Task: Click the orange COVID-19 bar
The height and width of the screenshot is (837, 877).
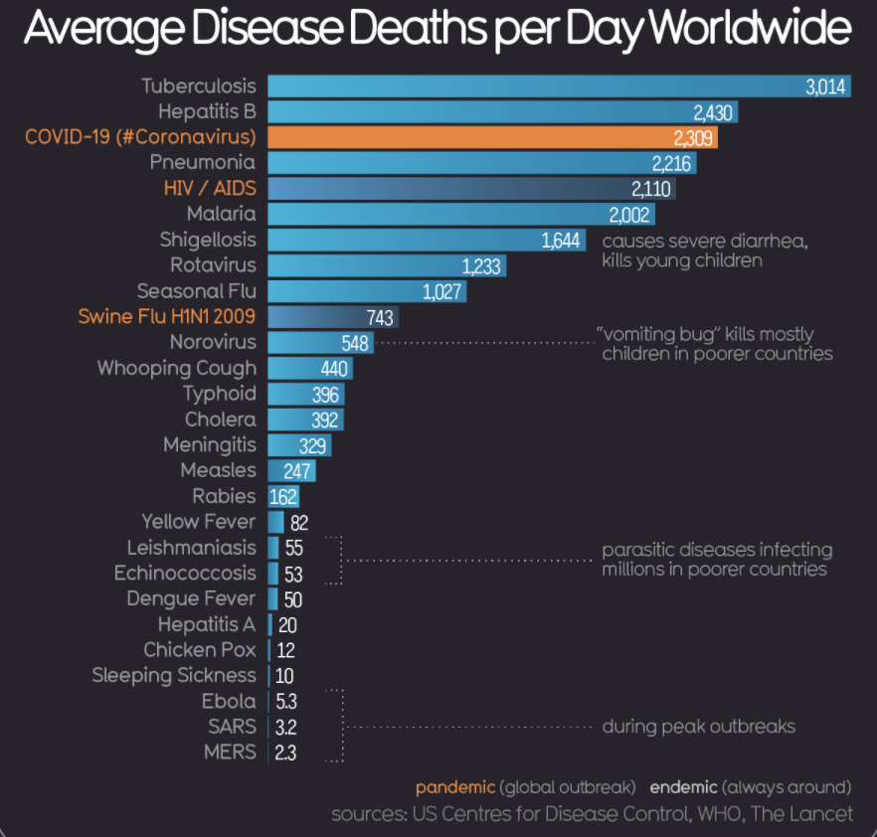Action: [x=492, y=136]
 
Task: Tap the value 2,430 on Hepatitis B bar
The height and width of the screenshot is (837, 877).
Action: [x=713, y=112]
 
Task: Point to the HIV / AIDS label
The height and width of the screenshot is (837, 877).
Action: [x=210, y=188]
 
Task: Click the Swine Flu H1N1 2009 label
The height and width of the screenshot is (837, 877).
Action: [x=167, y=316]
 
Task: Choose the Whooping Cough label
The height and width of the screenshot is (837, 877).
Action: [x=176, y=368]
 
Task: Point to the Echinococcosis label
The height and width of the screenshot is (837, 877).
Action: [x=184, y=574]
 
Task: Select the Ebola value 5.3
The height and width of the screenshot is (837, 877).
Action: [x=286, y=702]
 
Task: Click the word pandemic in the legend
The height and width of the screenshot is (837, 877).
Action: [x=455, y=787]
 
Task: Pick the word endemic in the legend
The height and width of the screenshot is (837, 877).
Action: [x=683, y=787]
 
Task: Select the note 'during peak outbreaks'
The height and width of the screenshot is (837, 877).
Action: [x=698, y=727]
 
